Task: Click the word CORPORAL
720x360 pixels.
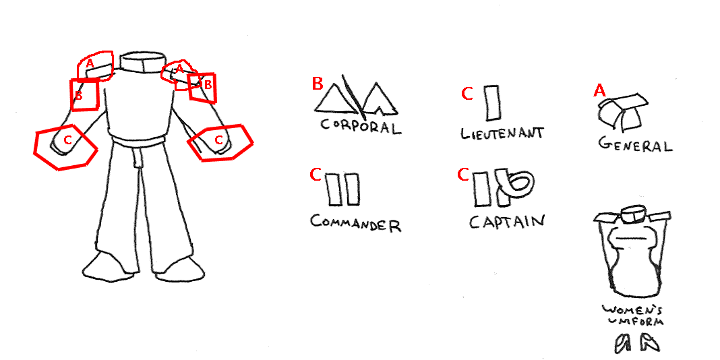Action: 361,126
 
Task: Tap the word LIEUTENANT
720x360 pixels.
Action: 502,133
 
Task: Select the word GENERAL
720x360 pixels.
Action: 635,145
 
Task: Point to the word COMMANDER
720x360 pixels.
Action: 356,223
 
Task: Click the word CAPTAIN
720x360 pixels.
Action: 506,221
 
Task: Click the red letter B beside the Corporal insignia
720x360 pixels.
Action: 318,84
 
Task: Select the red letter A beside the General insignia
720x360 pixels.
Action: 599,90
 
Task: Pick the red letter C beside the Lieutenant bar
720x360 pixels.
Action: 467,94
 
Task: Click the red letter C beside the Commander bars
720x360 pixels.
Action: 316,175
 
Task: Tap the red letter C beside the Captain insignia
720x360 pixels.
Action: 463,175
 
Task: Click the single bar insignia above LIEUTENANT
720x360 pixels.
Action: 491,103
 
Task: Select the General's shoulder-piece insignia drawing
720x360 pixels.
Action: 623,112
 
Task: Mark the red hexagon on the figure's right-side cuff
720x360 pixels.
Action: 221,142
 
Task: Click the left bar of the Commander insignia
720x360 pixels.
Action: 333,189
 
